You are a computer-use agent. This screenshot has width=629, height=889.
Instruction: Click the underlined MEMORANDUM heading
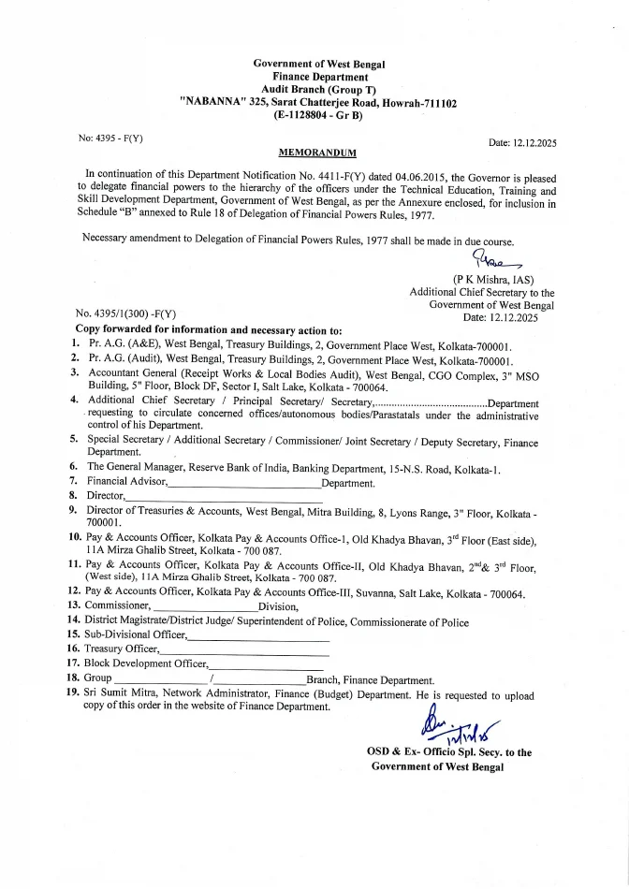[x=317, y=152]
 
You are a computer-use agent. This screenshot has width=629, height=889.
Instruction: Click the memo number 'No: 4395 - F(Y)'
[x=111, y=138]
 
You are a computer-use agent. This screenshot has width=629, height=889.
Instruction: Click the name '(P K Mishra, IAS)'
[x=493, y=280]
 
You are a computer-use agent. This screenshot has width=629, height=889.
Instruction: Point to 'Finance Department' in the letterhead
[x=320, y=76]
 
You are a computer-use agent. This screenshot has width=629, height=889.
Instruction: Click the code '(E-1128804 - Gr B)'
[x=319, y=115]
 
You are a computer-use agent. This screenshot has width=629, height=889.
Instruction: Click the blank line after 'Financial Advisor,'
[x=244, y=484]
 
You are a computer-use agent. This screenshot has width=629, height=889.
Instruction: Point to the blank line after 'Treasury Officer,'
[x=245, y=649]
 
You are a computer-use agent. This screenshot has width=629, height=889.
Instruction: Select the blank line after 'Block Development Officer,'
[x=266, y=663]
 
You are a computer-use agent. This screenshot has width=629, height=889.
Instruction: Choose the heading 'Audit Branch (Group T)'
[x=319, y=89]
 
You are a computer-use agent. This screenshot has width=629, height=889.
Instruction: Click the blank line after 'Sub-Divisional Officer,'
[x=259, y=635]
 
